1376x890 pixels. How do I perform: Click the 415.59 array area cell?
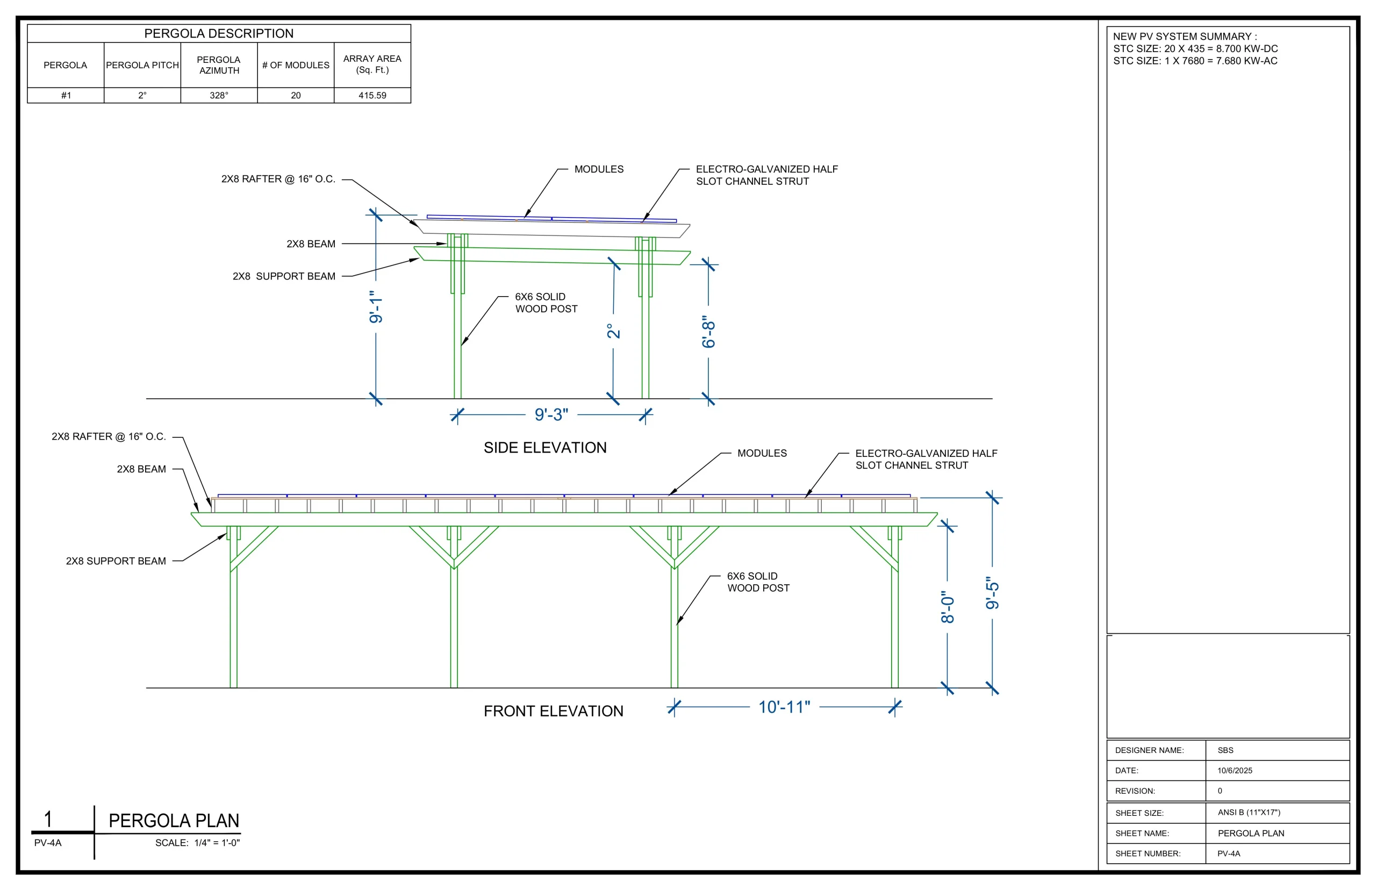click(372, 95)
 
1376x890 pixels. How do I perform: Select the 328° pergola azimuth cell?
click(219, 95)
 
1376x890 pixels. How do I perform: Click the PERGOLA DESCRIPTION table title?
click(219, 33)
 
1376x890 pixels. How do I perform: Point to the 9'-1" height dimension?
click(376, 307)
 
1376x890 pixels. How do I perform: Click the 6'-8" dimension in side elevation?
click(708, 332)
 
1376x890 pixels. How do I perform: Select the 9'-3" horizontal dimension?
click(551, 414)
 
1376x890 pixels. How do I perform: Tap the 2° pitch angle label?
click(613, 331)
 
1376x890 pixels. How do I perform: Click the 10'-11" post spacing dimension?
click(784, 707)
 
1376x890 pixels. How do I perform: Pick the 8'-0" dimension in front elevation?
click(948, 607)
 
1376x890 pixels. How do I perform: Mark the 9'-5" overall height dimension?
click(992, 593)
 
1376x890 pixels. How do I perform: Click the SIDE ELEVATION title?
click(545, 448)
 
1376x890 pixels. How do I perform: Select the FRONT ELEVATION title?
click(554, 711)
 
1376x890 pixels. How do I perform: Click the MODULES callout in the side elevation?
click(599, 169)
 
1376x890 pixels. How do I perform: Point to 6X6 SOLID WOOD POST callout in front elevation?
click(758, 582)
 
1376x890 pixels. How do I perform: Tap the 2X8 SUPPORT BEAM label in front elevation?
click(116, 561)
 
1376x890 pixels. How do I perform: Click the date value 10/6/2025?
click(1235, 770)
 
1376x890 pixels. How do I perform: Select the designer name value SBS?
click(1225, 750)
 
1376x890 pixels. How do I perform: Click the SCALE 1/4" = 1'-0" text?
click(198, 843)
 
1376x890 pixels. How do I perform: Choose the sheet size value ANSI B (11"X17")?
click(1249, 812)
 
